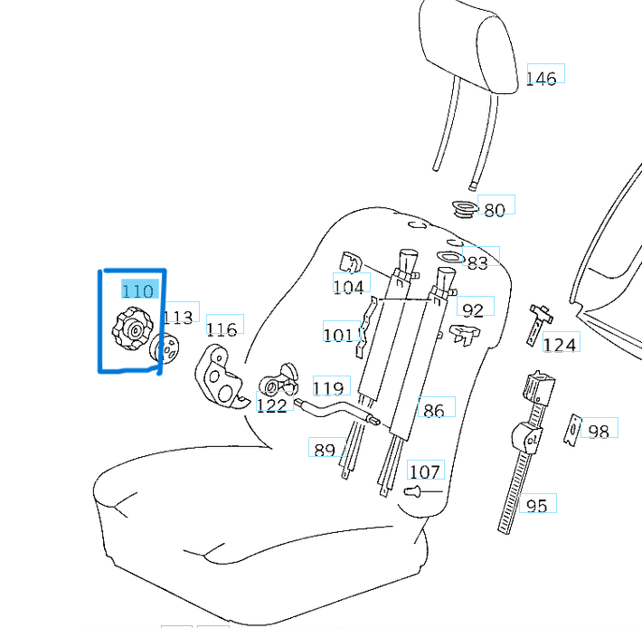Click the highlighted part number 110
(137, 290)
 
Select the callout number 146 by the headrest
(541, 79)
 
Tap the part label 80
(495, 210)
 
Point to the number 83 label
(477, 262)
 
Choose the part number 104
(348, 287)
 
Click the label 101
(338, 335)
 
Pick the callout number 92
(473, 309)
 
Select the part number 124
(559, 344)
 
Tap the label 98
(598, 431)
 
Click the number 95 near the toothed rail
(536, 505)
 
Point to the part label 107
(424, 471)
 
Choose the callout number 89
(324, 450)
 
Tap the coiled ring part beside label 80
(465, 211)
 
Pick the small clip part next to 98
(573, 430)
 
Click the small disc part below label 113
(166, 348)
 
